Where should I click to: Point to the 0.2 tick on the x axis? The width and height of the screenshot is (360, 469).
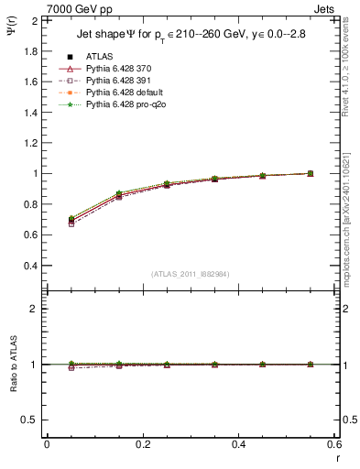coord(142,443)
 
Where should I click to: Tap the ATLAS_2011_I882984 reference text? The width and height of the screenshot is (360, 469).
coord(190,274)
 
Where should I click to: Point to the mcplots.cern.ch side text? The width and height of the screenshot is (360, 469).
coord(350,229)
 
